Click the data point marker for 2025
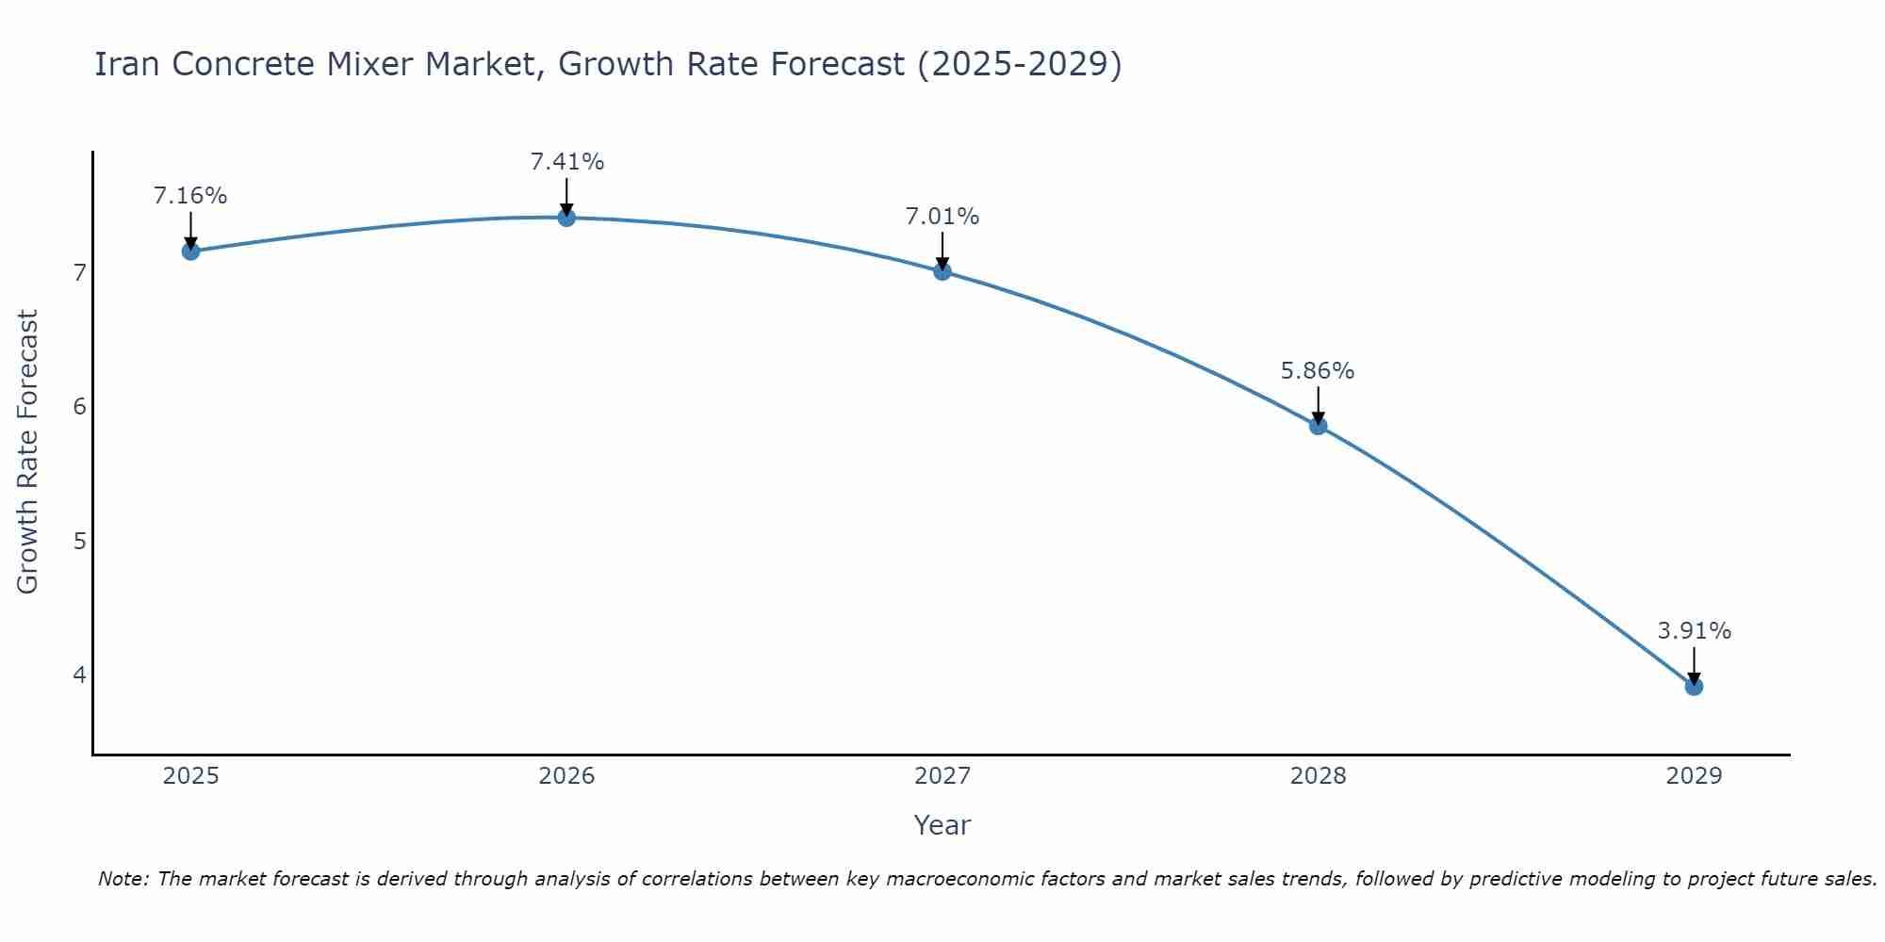pos(190,251)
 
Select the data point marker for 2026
pos(566,218)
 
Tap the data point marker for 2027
pos(942,271)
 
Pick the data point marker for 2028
pos(1318,426)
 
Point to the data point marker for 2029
pos(1694,687)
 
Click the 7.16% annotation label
pos(190,196)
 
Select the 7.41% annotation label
pos(566,162)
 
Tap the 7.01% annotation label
pos(942,217)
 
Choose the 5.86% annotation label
pos(1318,371)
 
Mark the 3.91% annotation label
pos(1694,631)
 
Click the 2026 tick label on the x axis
pos(566,776)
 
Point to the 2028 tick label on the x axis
pos(1318,776)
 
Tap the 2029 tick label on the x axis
pos(1694,776)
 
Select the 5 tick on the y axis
pos(79,541)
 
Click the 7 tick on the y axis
pos(79,273)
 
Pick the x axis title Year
pos(942,825)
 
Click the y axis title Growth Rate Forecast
pos(28,452)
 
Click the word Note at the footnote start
pos(123,879)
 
